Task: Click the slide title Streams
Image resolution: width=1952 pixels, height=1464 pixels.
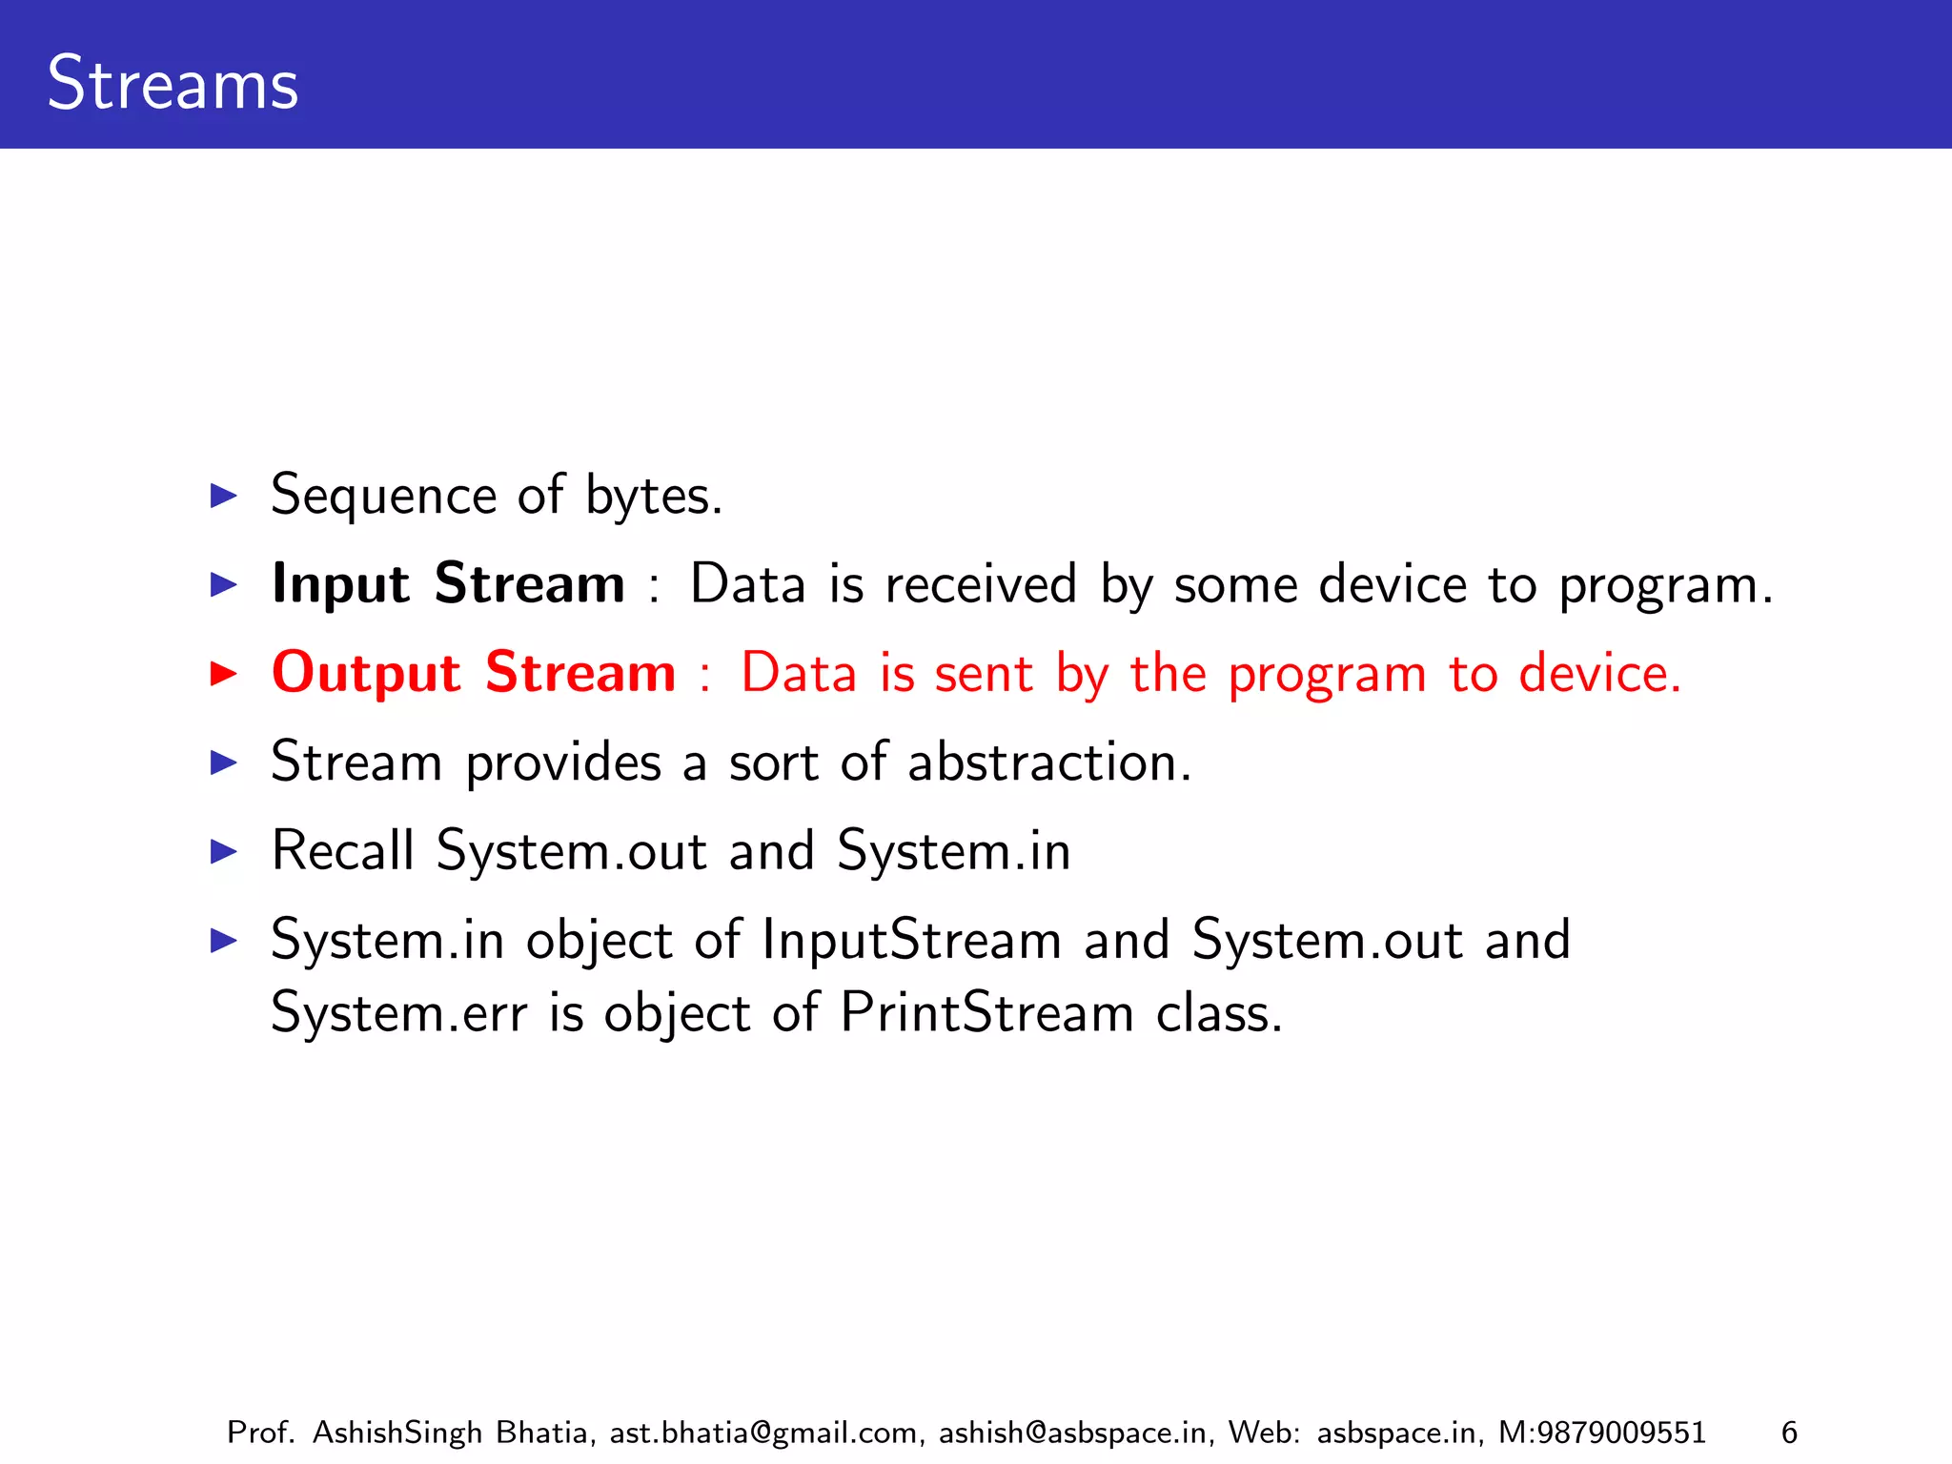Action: click(x=173, y=84)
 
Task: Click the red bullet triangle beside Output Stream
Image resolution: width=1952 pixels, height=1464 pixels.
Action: click(x=223, y=674)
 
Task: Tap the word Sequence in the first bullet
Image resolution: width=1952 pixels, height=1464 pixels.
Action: click(x=383, y=497)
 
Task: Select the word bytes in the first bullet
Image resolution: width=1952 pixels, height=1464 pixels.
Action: click(x=653, y=497)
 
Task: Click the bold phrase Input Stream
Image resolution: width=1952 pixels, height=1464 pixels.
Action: click(x=448, y=583)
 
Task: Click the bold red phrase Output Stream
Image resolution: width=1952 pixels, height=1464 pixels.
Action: click(x=474, y=672)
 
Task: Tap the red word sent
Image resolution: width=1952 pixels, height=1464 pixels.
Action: click(x=983, y=674)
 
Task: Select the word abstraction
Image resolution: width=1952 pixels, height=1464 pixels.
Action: click(x=1048, y=762)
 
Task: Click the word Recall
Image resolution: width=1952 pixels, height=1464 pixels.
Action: click(x=343, y=850)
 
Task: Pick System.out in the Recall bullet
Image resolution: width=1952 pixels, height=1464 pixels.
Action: click(x=571, y=850)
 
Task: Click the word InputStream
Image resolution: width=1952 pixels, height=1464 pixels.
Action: click(x=911, y=940)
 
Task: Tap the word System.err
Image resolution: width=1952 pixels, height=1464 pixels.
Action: click(x=398, y=1012)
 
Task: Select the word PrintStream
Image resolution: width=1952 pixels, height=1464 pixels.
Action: click(x=986, y=1012)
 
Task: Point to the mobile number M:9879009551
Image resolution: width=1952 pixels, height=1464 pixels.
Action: click(x=1601, y=1433)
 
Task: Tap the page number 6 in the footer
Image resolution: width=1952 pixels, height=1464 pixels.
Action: click(x=1789, y=1433)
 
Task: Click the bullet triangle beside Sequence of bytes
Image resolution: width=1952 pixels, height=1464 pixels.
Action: click(x=223, y=496)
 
